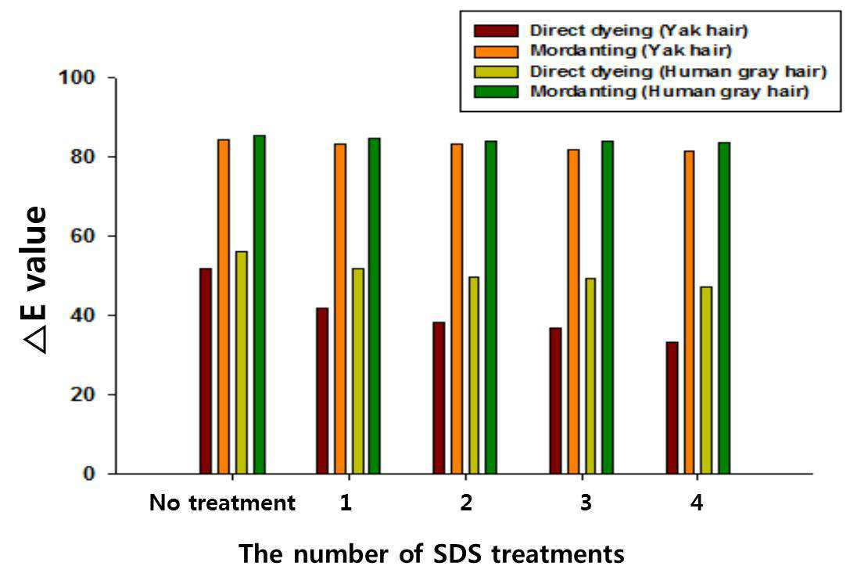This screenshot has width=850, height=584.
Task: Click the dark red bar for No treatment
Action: point(206,371)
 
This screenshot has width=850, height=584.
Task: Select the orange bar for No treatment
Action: point(224,307)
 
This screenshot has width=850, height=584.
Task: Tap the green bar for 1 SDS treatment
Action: point(375,306)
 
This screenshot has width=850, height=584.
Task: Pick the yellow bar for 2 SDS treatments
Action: point(474,376)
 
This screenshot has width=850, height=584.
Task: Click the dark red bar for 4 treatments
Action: point(672,408)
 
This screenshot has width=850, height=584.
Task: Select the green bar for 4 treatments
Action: point(724,308)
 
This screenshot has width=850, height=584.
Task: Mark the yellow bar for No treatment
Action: point(241,362)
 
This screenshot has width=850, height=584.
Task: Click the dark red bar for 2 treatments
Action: point(439,398)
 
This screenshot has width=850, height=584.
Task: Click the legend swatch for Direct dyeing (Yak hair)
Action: point(496,31)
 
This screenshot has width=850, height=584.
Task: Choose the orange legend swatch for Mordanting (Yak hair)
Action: point(496,51)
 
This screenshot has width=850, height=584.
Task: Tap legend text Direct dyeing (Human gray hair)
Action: point(678,72)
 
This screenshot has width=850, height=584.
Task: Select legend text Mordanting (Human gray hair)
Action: point(669,91)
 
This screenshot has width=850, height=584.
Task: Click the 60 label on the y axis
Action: point(81,236)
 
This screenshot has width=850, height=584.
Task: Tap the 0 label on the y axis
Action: point(89,474)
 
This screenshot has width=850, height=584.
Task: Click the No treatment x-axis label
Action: point(222,503)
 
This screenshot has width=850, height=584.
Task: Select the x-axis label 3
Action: point(586,503)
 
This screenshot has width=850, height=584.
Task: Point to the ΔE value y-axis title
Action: point(36,280)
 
